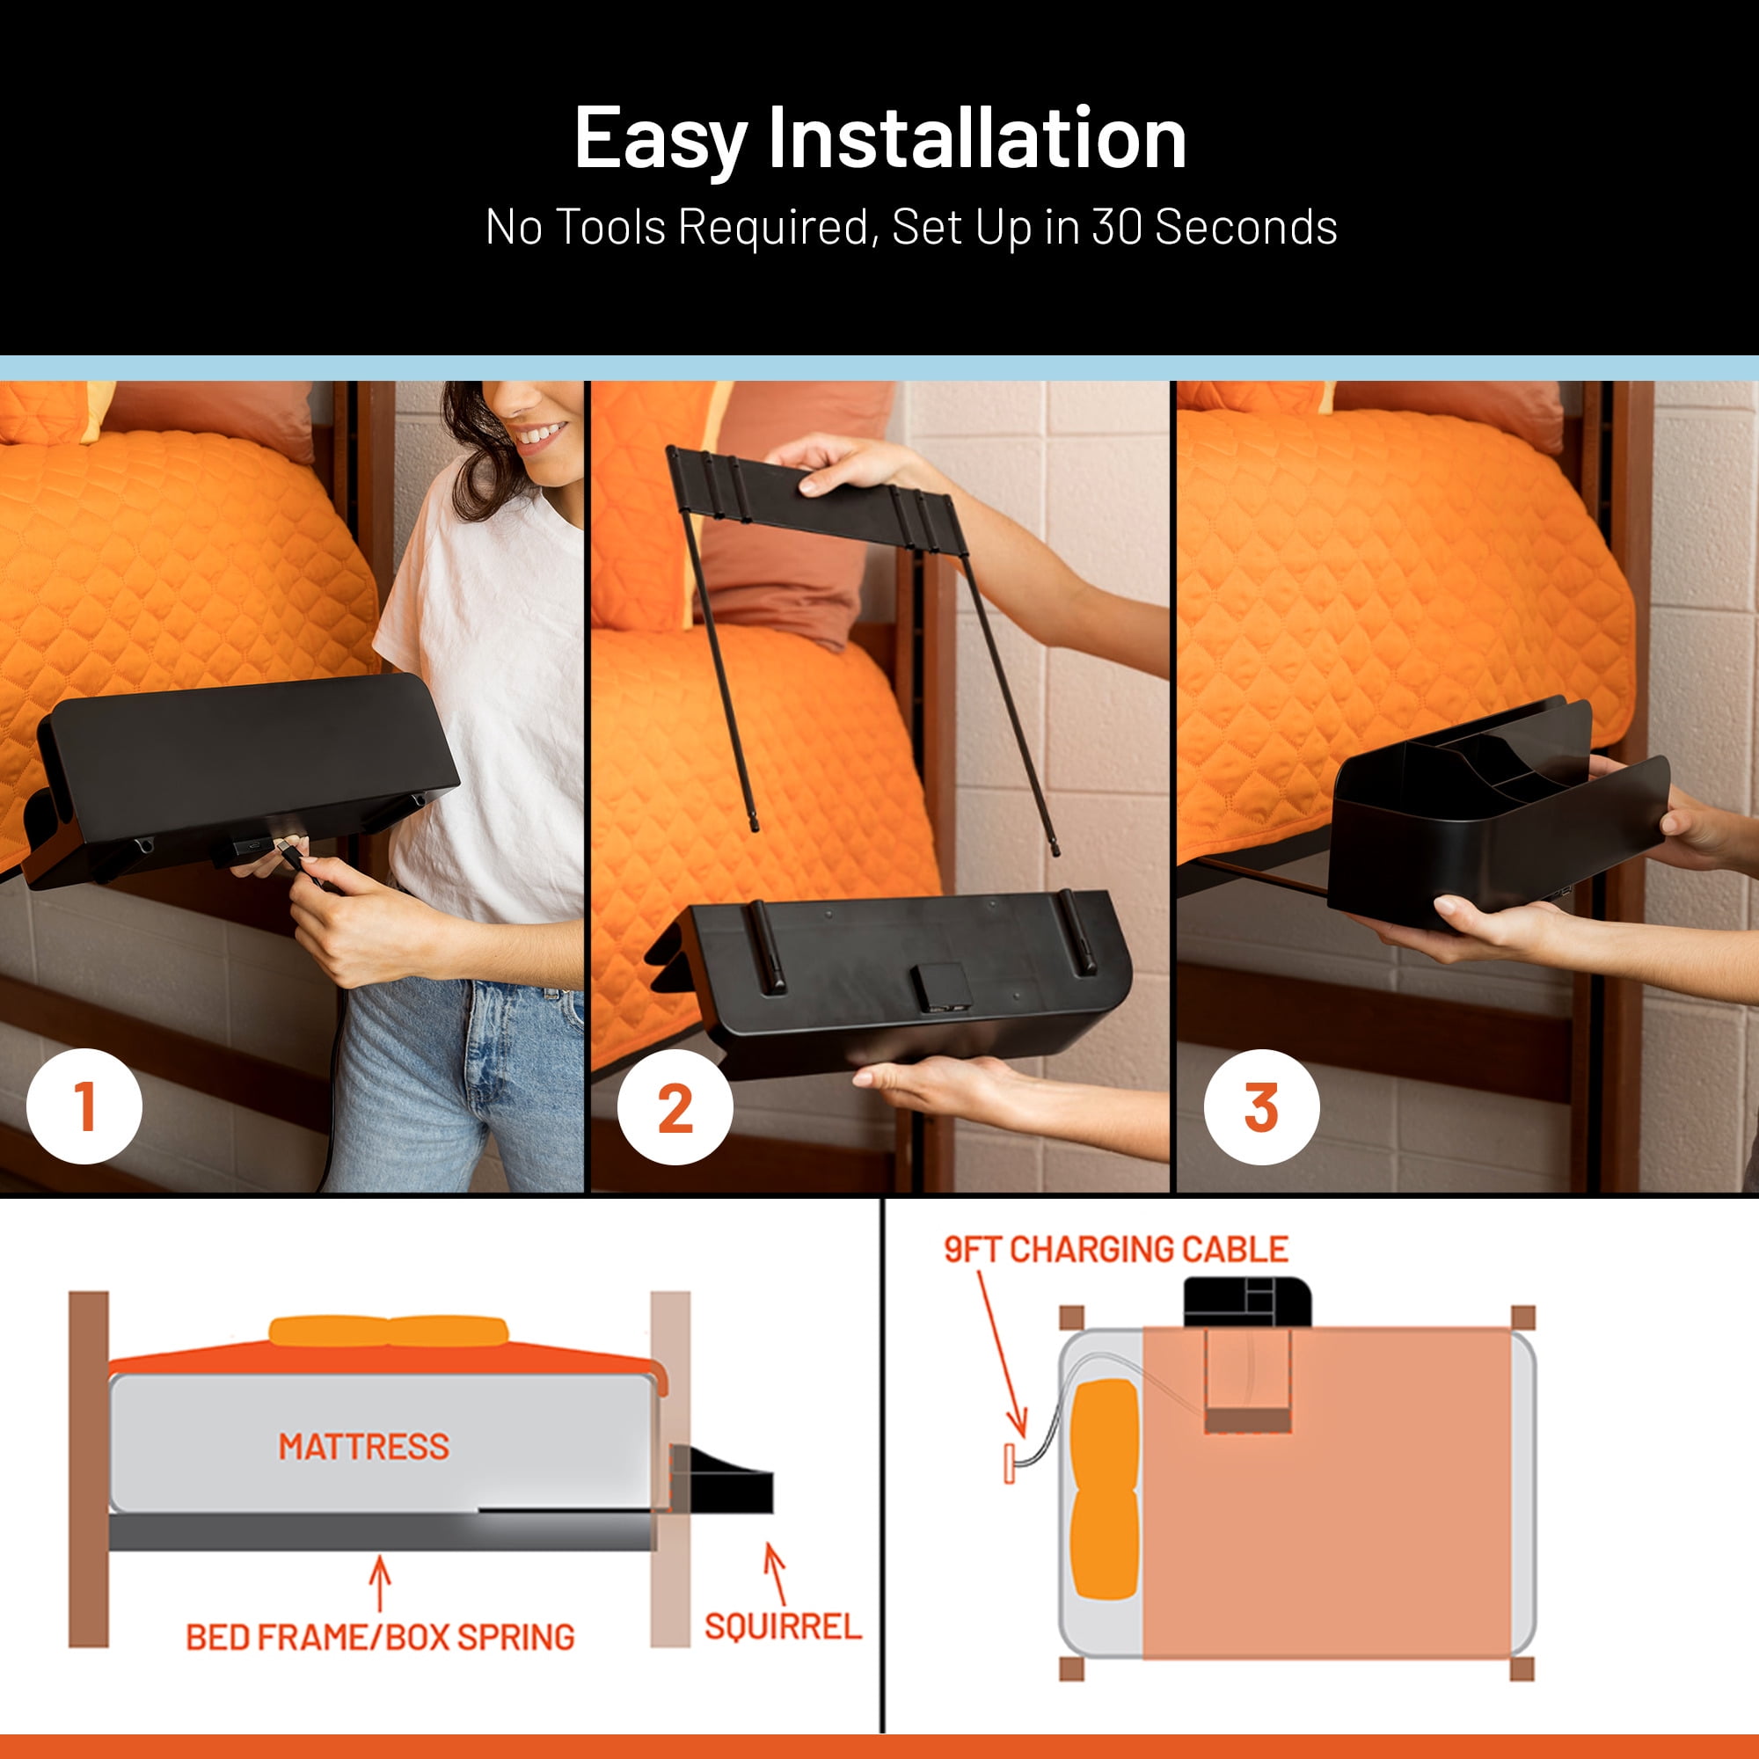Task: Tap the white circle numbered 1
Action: (x=84, y=1106)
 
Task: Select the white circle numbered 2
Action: (x=675, y=1107)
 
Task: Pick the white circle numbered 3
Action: (x=1261, y=1107)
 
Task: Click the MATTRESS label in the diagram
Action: (x=364, y=1447)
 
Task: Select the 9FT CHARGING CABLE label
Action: (x=1116, y=1250)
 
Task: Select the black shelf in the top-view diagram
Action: (x=1247, y=1303)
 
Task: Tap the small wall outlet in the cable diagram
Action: (x=1009, y=1463)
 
